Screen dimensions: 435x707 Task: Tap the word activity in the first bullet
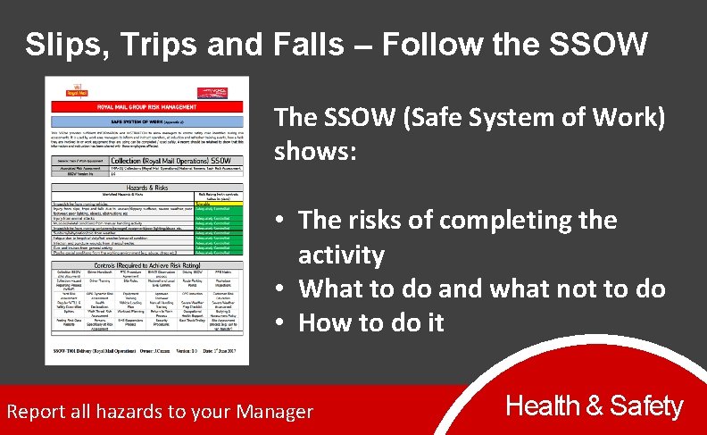tap(341, 255)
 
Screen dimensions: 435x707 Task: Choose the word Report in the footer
tap(36, 412)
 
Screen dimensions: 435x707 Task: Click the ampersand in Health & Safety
tap(594, 407)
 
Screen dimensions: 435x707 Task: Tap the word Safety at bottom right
tap(646, 407)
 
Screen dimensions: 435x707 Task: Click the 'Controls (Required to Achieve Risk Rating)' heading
tap(147, 265)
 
